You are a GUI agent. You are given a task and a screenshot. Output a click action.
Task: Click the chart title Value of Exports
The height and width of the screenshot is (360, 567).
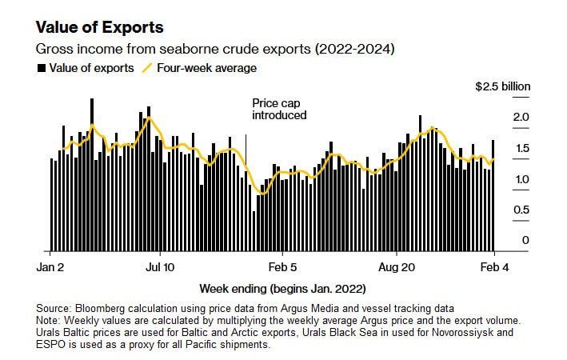tap(100, 27)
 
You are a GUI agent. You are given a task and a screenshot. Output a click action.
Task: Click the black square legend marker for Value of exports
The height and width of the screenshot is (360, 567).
tap(42, 68)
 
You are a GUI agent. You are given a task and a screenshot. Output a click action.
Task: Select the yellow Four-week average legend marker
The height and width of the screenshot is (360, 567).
tap(147, 68)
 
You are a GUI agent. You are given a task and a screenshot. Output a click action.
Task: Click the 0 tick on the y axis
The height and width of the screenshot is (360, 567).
tap(525, 240)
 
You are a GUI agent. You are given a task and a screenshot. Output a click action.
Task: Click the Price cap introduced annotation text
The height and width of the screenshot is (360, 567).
tap(279, 110)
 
